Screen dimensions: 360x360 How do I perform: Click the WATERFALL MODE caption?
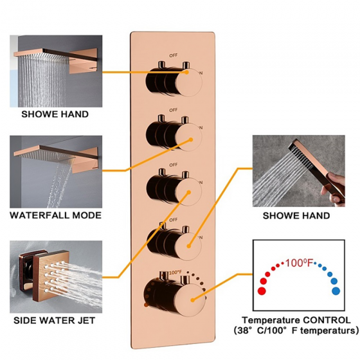click(x=55, y=215)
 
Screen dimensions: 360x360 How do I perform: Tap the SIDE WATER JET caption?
click(x=55, y=320)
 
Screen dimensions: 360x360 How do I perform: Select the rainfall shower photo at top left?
click(x=56, y=71)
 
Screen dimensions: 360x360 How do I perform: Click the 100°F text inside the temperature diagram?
click(x=299, y=263)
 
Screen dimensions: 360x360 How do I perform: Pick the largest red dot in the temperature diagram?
click(x=262, y=291)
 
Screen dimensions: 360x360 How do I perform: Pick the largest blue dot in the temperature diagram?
click(x=336, y=291)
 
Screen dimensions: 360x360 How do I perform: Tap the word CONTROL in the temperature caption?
click(x=327, y=320)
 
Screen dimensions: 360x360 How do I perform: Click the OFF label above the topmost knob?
click(x=174, y=55)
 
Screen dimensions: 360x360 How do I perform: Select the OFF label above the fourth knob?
click(x=174, y=220)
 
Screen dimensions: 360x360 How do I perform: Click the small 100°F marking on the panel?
click(x=175, y=273)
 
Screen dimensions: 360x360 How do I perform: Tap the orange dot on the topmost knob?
click(x=187, y=72)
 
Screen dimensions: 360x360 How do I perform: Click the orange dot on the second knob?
click(x=191, y=139)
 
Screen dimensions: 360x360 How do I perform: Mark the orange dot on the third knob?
click(x=189, y=192)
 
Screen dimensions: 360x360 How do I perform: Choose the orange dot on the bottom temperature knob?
click(x=193, y=300)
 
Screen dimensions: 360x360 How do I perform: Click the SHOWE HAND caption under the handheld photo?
click(x=296, y=216)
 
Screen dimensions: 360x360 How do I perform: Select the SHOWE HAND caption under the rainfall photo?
click(x=55, y=114)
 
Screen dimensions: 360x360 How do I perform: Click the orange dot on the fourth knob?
click(x=189, y=246)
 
